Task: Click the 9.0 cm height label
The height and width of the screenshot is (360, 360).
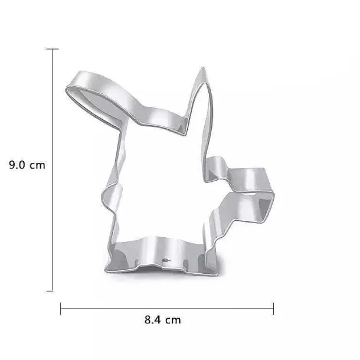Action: (x=27, y=165)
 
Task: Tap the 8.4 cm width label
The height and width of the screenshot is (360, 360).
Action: (x=162, y=320)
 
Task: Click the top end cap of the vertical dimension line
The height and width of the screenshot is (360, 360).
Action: (x=53, y=49)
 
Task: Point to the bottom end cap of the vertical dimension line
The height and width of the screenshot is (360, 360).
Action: (x=50, y=291)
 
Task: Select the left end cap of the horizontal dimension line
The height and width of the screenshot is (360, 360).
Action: (x=61, y=309)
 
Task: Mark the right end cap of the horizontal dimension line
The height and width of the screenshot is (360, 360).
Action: (x=273, y=309)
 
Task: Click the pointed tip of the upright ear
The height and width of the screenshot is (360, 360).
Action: (x=203, y=68)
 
